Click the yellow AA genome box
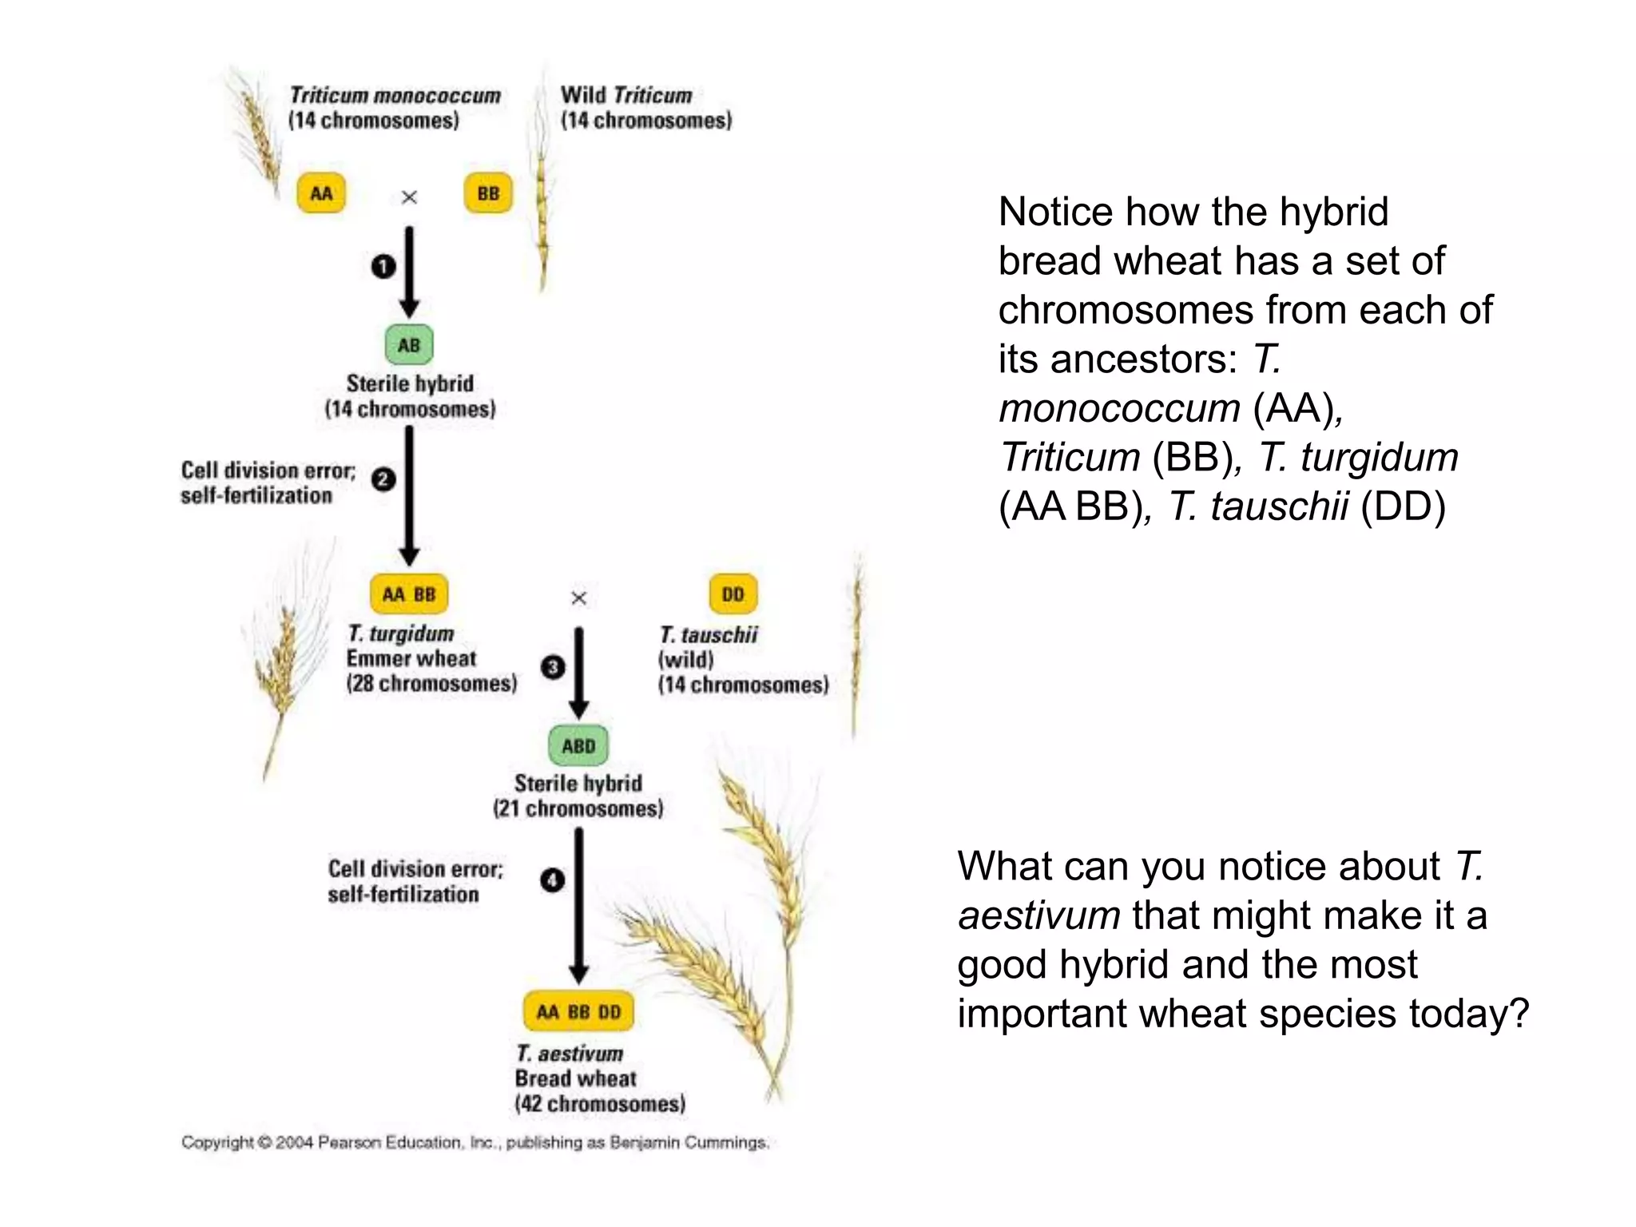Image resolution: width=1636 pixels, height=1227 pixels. coord(321,193)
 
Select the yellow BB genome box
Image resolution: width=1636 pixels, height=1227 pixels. coord(488,193)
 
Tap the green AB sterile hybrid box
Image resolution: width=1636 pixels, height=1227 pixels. coord(409,345)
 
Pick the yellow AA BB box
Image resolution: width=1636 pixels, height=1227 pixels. coord(409,594)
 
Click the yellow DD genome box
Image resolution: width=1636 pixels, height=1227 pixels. coord(733,594)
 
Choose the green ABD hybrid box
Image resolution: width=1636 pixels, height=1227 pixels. coord(578,745)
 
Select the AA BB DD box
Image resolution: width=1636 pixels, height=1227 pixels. coord(578,1011)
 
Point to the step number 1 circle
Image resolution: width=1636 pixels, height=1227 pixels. coord(383,265)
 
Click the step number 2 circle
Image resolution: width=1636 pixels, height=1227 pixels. coord(383,479)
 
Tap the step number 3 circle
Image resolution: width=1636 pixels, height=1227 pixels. coord(553,667)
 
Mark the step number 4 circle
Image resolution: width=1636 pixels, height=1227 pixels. coord(553,880)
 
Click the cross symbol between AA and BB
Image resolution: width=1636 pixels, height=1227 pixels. coord(409,197)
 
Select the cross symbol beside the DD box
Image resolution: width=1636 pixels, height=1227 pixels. coord(579,598)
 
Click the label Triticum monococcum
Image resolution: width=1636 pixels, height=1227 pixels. coord(395,96)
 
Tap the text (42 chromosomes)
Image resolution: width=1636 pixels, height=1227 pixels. coord(600,1104)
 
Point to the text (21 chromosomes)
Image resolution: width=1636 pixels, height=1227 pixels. coord(578,808)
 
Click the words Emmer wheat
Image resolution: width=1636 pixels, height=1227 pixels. coord(411,658)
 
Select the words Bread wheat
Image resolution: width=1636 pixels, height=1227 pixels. coord(575,1078)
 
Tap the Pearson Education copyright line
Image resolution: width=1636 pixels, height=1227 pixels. coord(475,1142)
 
